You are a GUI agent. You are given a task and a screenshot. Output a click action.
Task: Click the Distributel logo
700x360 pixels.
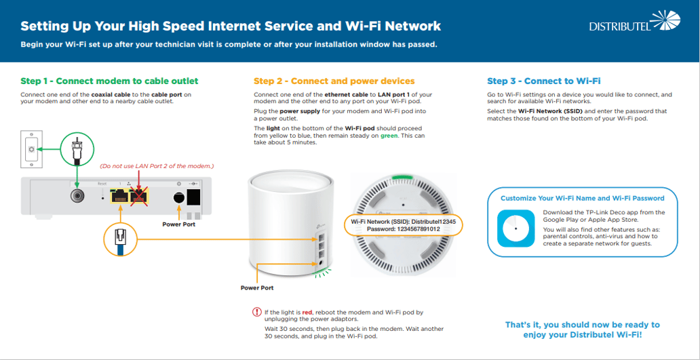(634, 23)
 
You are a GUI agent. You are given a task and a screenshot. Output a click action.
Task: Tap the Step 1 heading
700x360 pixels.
(109, 81)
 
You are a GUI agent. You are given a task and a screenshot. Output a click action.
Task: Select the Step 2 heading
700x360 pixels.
(334, 81)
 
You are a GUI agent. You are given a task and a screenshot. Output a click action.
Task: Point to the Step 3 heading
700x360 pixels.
(544, 81)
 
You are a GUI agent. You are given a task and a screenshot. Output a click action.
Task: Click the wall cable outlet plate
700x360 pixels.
(31, 149)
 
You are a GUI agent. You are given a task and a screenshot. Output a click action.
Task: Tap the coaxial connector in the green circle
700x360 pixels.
(77, 148)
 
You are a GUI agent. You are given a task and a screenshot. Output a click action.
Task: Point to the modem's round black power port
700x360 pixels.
(179, 197)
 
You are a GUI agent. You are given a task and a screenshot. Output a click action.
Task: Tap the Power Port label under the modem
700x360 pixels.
(178, 224)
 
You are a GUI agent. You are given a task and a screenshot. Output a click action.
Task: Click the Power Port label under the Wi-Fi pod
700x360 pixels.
(257, 287)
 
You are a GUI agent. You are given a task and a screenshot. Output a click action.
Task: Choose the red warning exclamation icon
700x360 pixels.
(257, 313)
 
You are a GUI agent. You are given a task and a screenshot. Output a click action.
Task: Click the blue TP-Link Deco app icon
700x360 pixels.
(516, 228)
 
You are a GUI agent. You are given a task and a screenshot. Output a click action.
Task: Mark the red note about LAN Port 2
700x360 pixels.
(157, 166)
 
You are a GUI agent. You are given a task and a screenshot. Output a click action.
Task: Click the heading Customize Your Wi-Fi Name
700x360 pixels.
(582, 198)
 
